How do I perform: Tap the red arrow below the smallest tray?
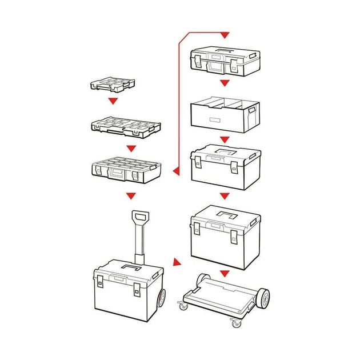point(113,101)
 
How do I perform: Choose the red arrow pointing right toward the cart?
point(177,263)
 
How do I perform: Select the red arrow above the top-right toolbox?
point(225,35)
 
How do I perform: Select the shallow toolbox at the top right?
point(225,61)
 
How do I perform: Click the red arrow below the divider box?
point(225,139)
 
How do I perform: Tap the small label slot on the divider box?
point(215,121)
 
